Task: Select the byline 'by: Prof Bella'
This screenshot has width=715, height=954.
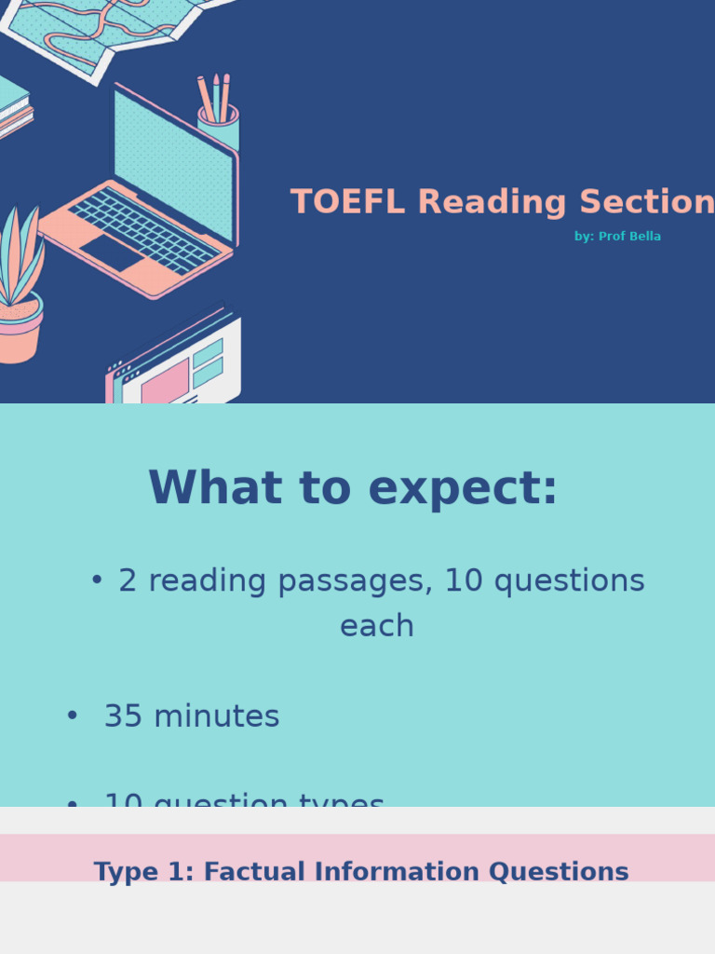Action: tap(617, 237)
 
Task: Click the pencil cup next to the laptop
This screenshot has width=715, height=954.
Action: tap(219, 129)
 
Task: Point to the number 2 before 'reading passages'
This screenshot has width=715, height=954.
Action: tap(128, 580)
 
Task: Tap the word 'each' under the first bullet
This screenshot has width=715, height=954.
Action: tap(376, 626)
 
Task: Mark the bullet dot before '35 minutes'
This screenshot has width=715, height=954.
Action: tap(72, 715)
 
